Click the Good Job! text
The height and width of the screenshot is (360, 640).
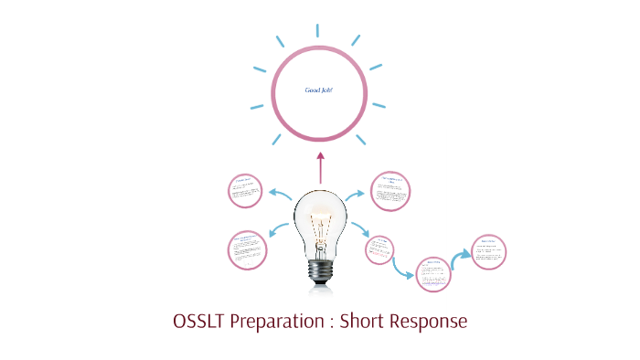click(x=319, y=90)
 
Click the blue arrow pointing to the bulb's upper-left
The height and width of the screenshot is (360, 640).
click(x=280, y=194)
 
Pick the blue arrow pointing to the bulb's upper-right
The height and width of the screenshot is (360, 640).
click(x=358, y=194)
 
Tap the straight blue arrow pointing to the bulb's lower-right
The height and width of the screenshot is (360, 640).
click(x=358, y=229)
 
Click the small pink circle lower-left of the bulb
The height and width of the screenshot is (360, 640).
click(x=248, y=249)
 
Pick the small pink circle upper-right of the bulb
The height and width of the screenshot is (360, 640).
click(x=390, y=191)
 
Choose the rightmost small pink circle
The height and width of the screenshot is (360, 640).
click(x=488, y=250)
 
